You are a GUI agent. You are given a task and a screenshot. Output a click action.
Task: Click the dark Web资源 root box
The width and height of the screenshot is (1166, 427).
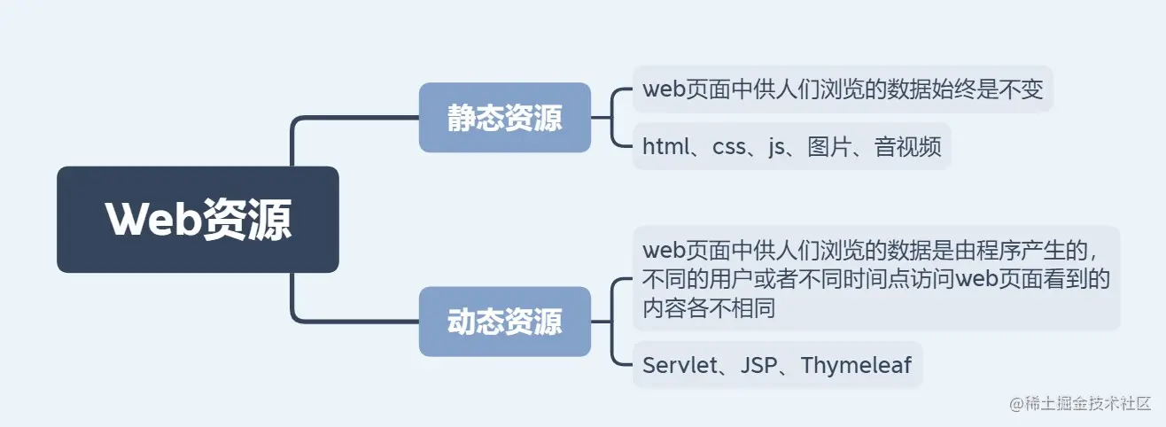pos(198,219)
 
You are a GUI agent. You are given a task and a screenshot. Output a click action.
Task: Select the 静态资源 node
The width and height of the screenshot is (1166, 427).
pos(504,118)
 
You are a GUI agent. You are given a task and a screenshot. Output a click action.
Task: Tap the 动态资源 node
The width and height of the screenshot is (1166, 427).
pos(504,322)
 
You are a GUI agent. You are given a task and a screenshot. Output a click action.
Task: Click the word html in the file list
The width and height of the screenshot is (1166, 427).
pos(665,147)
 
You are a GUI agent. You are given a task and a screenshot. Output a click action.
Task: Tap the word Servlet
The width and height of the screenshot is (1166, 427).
pos(678,365)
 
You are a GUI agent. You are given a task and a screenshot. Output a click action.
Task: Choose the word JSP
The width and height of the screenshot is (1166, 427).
pos(758,365)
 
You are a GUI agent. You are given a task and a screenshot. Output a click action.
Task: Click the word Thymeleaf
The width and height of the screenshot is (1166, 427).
pos(856,365)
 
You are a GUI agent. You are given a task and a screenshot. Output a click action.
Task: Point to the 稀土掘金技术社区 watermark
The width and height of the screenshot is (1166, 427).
pos(1084,403)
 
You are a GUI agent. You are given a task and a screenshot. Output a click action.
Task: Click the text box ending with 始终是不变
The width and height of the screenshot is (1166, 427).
pos(842,89)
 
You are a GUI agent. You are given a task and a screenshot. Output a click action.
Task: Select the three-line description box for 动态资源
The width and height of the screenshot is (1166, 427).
pos(876,278)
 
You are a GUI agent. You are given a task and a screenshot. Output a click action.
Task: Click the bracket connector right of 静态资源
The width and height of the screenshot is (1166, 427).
pos(612,118)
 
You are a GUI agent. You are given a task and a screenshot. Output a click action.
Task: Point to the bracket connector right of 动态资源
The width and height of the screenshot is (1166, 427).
pos(612,322)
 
